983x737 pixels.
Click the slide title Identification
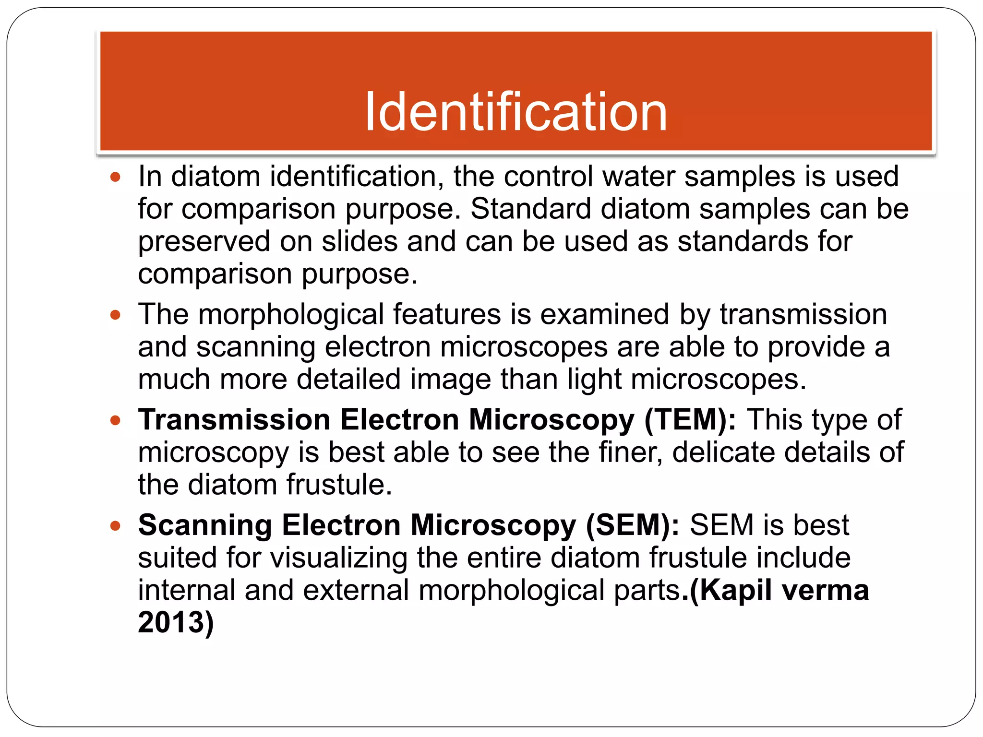tap(516, 112)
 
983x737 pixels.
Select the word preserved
tap(204, 241)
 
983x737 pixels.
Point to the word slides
tap(360, 241)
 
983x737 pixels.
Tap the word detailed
tap(348, 380)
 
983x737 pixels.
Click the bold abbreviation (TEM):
tap(690, 420)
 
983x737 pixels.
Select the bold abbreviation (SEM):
tap(633, 525)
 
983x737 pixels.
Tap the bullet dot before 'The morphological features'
tap(115, 316)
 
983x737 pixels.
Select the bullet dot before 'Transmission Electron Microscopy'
tap(115, 421)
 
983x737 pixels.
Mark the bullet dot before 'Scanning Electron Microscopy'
tap(115, 526)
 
